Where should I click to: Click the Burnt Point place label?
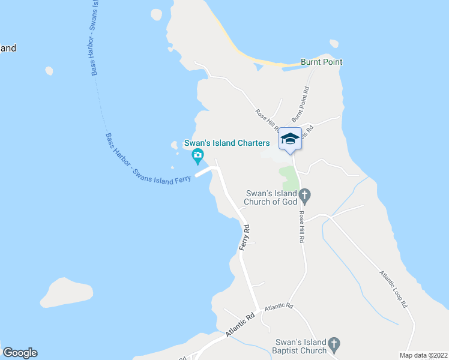tap(321, 62)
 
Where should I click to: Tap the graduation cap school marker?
tap(290, 139)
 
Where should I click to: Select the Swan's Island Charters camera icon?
tap(197, 157)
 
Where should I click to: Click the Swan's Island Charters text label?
tap(226, 143)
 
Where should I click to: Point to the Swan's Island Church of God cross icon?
tap(304, 194)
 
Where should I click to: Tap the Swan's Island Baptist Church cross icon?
tap(335, 345)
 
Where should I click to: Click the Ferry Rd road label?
tap(244, 239)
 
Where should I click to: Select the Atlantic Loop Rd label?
tap(393, 289)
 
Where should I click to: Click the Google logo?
tap(20, 353)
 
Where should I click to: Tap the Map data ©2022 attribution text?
tap(423, 355)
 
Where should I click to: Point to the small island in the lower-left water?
tap(66, 292)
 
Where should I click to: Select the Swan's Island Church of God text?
tap(272, 197)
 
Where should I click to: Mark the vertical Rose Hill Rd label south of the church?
tap(302, 227)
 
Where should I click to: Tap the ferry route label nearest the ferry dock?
tap(146, 158)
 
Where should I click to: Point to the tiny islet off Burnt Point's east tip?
tap(334, 43)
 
